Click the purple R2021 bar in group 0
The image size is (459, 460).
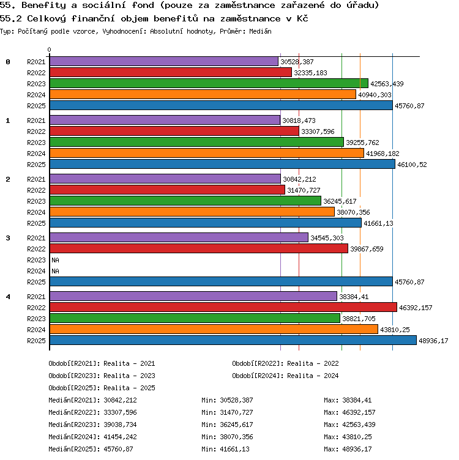[164, 62]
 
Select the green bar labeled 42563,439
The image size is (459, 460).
[209, 84]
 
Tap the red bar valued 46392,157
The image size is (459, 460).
[223, 308]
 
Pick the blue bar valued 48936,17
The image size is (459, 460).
[233, 340]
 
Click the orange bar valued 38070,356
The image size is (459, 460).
[192, 212]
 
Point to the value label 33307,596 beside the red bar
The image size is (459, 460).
[318, 132]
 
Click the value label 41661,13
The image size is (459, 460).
[378, 223]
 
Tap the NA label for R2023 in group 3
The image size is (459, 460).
[55, 260]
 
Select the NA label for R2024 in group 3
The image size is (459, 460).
[55, 271]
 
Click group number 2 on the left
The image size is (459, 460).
[8, 179]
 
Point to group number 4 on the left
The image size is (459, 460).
[8, 297]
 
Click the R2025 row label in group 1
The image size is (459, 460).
[36, 165]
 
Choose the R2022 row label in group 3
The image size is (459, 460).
[36, 249]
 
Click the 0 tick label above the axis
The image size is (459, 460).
[50, 50]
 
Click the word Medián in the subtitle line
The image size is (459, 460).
[260, 31]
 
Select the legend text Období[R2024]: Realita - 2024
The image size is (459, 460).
[285, 376]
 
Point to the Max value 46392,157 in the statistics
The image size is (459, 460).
[359, 412]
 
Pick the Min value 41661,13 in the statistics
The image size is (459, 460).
[235, 449]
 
